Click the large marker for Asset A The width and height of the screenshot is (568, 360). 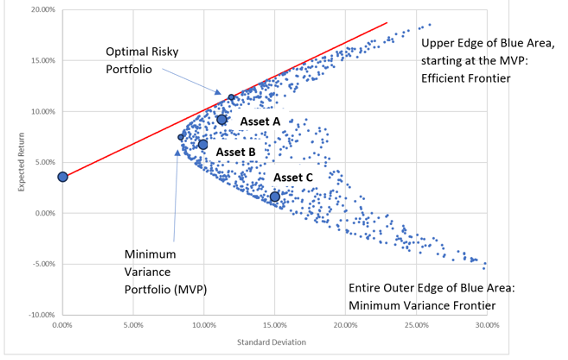(x=222, y=120)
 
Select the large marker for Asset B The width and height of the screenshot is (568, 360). (x=203, y=145)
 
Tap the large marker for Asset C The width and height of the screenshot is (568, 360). (x=275, y=196)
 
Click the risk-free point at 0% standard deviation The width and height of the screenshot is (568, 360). (x=62, y=177)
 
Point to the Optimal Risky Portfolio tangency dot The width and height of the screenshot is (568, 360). (x=231, y=97)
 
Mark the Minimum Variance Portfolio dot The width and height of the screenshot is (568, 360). (x=181, y=137)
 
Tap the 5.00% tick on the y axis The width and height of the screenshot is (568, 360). (x=42, y=162)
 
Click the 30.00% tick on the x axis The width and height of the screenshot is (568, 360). (x=486, y=325)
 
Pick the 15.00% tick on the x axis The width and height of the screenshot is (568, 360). (x=274, y=325)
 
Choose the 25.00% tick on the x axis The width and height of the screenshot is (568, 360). (x=415, y=325)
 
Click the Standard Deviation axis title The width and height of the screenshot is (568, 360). (x=273, y=343)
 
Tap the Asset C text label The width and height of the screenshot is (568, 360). (x=293, y=178)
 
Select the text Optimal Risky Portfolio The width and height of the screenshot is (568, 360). (x=140, y=59)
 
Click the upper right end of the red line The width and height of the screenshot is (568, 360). (x=387, y=22)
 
